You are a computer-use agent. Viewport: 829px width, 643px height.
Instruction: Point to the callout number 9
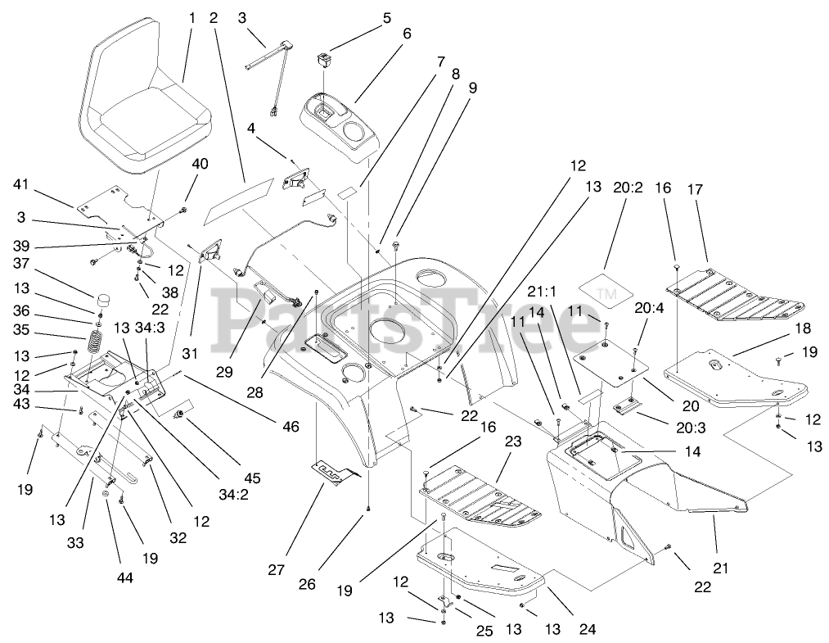[x=471, y=87]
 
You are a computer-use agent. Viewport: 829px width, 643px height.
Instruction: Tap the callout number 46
[x=290, y=426]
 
